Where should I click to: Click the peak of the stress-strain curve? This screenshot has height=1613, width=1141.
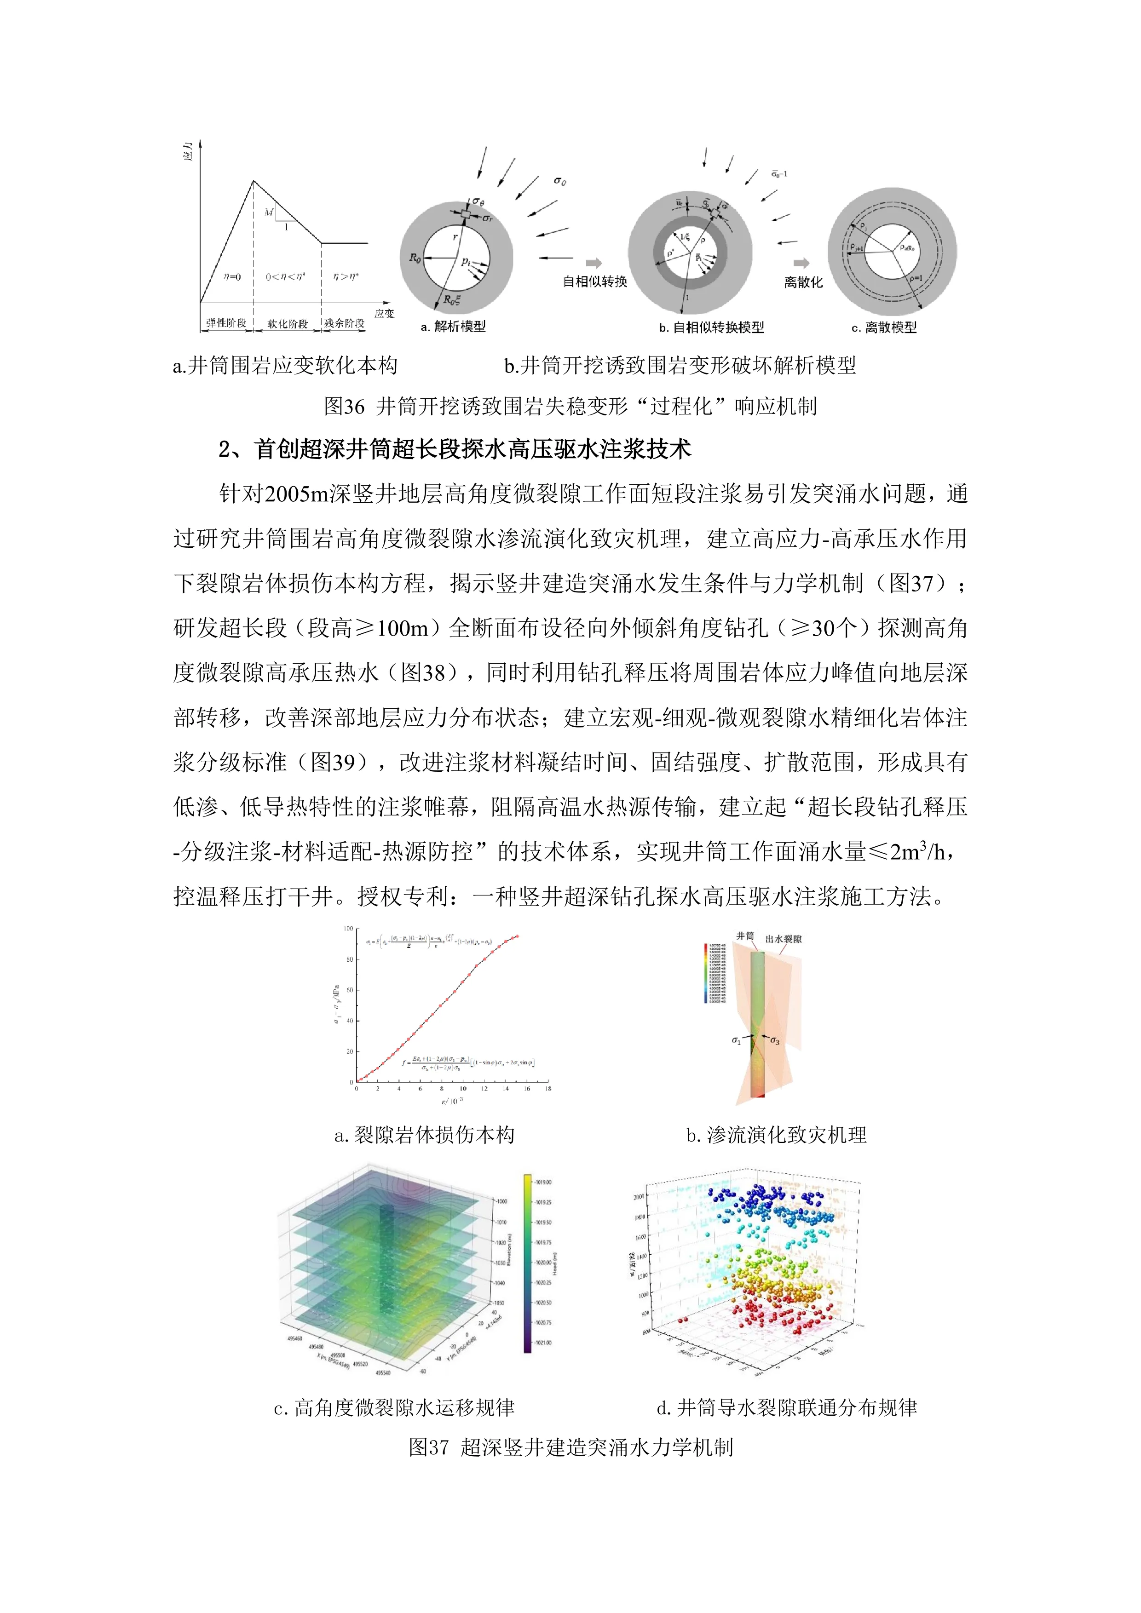point(254,181)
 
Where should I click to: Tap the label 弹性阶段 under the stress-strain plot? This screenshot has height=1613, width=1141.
point(226,323)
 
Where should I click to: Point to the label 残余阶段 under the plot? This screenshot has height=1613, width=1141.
point(344,323)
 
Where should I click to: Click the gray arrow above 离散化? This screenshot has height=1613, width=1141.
point(801,264)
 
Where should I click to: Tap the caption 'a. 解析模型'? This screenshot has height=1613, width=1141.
point(453,327)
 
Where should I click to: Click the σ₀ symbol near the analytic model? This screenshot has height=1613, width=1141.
point(560,181)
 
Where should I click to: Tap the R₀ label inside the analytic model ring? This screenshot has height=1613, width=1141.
point(415,258)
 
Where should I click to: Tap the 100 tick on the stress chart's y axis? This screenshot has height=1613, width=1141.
point(348,929)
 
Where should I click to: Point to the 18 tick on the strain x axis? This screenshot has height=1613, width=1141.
point(548,1089)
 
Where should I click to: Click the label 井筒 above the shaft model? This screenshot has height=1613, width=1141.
point(745,936)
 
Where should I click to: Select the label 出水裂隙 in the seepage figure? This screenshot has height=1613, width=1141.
point(784,939)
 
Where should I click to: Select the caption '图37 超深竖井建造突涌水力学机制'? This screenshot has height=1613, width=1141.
point(570,1447)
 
